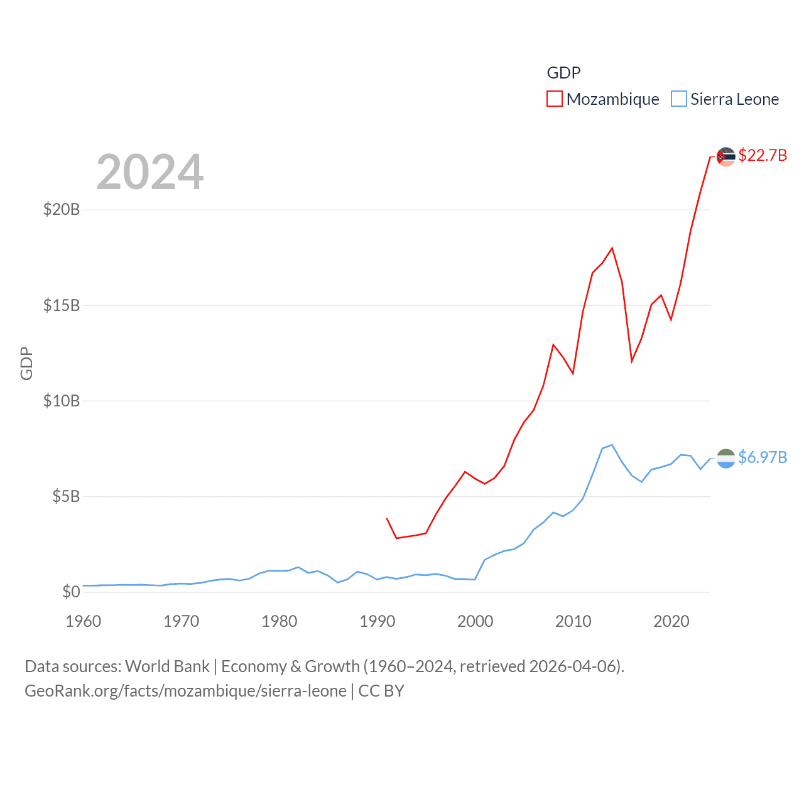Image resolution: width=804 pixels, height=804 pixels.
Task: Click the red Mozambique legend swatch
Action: point(554,99)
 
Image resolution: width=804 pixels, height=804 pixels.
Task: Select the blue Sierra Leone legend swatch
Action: point(678,99)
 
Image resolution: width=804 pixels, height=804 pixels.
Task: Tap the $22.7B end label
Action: point(763,155)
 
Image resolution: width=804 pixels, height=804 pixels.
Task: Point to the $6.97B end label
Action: point(763,457)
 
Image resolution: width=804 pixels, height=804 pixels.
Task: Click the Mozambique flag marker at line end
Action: point(725,156)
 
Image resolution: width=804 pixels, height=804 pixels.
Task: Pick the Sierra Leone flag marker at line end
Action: point(725,459)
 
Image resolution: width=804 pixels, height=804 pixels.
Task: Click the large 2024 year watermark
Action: point(149,172)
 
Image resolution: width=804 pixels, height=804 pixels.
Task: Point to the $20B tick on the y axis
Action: point(62,209)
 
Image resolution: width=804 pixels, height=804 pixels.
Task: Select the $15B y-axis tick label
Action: point(62,305)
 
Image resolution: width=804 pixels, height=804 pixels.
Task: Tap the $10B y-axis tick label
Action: point(62,401)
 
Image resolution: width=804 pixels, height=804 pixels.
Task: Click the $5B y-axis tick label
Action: point(66,497)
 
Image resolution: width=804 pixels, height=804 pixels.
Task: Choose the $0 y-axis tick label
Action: point(71,592)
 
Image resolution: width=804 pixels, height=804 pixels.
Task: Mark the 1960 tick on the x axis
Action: point(84,621)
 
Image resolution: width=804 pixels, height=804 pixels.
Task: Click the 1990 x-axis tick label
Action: point(378,621)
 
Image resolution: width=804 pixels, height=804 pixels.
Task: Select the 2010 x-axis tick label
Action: point(573,621)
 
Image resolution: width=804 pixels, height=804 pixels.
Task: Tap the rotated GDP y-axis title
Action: point(26,363)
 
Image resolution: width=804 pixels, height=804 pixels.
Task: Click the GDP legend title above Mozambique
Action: point(563,73)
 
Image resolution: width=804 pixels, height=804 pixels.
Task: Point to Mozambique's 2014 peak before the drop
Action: point(612,248)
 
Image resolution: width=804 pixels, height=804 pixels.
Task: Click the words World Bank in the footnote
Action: point(168,666)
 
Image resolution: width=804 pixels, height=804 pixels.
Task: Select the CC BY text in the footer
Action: point(381,691)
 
